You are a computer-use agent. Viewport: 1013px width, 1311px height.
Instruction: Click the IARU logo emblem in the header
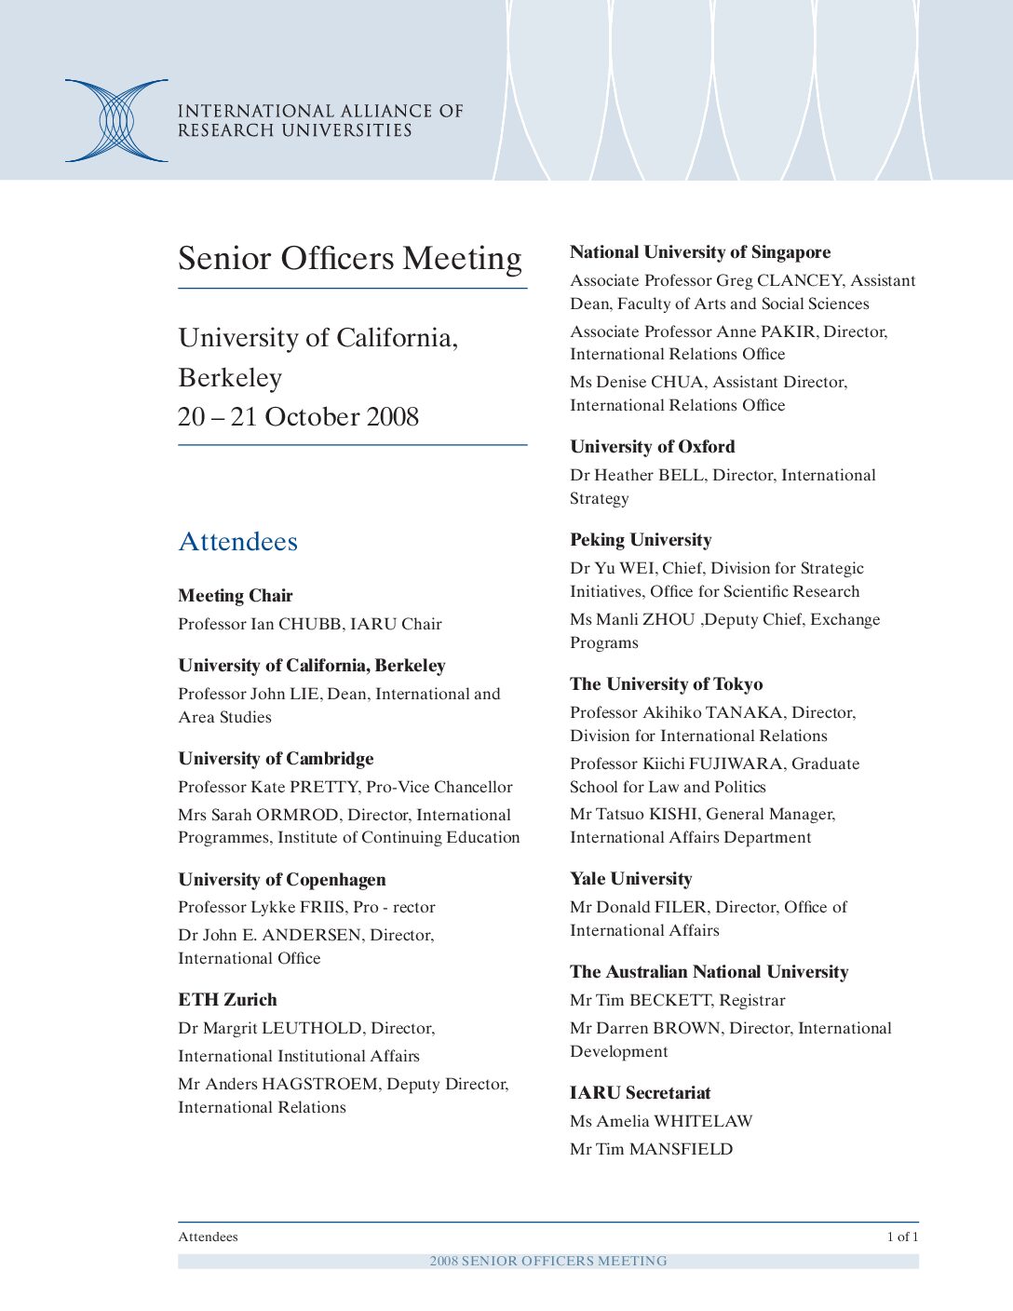point(116,121)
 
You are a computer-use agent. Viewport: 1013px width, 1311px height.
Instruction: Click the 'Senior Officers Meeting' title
point(349,258)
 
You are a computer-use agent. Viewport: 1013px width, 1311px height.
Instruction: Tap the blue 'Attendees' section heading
point(237,542)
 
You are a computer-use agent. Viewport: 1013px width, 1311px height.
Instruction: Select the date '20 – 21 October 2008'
point(298,416)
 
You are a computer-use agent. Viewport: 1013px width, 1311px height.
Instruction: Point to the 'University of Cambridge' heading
point(276,759)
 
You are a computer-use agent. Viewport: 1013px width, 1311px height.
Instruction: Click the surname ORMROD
point(297,815)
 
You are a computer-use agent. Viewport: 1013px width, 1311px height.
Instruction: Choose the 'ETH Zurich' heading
point(227,1000)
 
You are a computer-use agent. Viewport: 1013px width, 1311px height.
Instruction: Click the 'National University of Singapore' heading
point(700,252)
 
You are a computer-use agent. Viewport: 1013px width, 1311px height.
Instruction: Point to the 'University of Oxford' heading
point(652,447)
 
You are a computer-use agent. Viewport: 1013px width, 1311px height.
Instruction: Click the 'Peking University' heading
point(641,540)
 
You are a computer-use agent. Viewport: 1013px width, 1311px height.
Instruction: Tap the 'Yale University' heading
point(630,879)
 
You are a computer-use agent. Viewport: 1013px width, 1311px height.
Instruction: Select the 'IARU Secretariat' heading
point(640,1093)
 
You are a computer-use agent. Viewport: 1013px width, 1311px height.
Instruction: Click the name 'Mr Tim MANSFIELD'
point(651,1149)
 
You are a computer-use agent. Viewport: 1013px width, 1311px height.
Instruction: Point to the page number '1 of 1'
point(901,1237)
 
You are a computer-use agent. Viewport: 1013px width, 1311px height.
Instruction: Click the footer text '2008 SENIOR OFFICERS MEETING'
point(547,1261)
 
